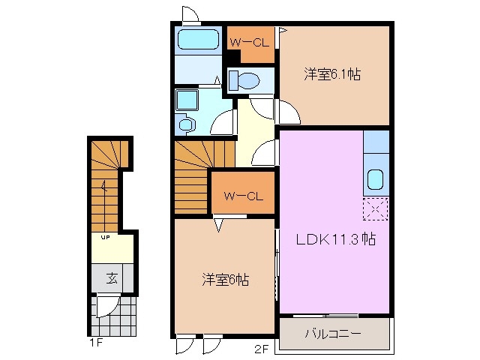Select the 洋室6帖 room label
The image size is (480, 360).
[x=225, y=280]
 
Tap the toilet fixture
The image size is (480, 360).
[x=244, y=79]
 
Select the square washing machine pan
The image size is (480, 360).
[x=185, y=99]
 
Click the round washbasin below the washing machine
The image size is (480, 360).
[x=186, y=122]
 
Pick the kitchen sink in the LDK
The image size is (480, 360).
[x=375, y=179]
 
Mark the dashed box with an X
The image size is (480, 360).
[x=375, y=209]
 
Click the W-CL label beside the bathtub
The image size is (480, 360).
[x=250, y=42]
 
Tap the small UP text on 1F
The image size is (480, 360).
[x=106, y=238]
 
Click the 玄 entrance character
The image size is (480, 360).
[x=111, y=279]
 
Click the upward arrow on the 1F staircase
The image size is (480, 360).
[x=106, y=189]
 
